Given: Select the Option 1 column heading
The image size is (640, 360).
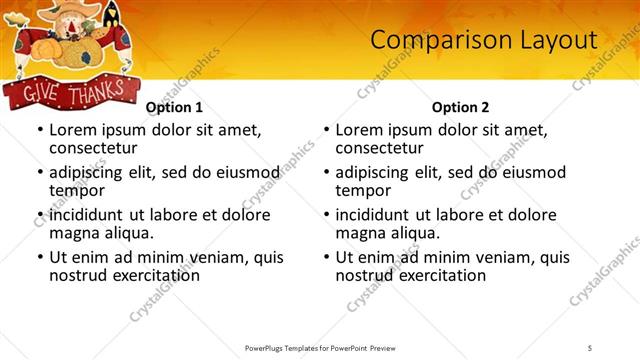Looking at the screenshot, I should pos(174,107).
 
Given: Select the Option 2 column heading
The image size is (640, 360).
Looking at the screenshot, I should pos(460,107).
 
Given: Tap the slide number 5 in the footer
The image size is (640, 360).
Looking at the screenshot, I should pos(590,347).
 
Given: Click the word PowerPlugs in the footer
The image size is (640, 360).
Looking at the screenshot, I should pos(267,347).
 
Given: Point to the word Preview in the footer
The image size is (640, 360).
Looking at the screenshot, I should pos(390,347).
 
